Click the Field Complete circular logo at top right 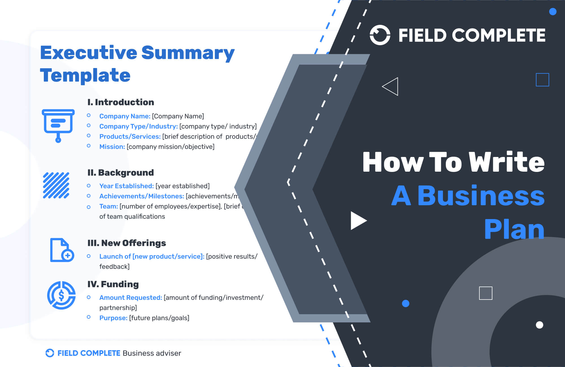point(380,35)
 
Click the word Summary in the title point(188,53)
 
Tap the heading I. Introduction point(121,102)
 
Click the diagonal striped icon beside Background point(56,185)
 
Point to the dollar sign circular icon point(61,295)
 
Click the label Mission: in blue point(112,147)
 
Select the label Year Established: point(126,186)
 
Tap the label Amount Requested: point(131,298)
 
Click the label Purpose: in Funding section point(113,318)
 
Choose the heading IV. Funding point(113,284)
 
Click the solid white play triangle point(357,220)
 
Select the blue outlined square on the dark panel point(542,80)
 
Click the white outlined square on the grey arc point(486,293)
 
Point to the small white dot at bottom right point(539,325)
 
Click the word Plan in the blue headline point(514,229)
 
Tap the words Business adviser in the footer point(152,353)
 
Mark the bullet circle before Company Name point(89,115)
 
